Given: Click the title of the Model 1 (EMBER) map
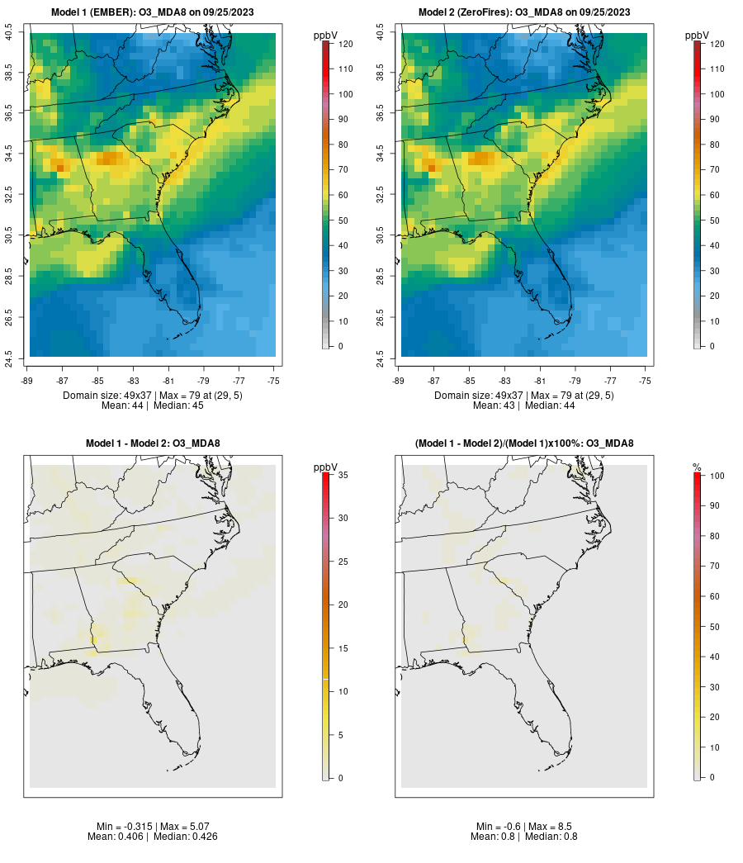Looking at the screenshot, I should point(153,12).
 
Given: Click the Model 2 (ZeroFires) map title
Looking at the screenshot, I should point(524,12).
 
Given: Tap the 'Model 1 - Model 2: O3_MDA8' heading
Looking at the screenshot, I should point(153,443).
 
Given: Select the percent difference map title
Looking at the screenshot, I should point(524,443).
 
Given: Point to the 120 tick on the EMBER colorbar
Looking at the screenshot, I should point(346,44).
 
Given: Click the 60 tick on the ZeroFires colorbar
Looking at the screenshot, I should point(717,195).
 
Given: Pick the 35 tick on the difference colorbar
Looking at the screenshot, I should point(343,475).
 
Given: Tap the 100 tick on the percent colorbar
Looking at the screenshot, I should point(714,475).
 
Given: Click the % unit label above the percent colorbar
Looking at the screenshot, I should point(697,467).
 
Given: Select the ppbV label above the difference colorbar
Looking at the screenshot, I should point(326,467).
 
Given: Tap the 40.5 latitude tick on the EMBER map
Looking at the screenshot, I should point(9,33).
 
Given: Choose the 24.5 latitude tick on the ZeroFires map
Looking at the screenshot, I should point(381,357).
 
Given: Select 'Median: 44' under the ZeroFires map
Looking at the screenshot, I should point(551,405).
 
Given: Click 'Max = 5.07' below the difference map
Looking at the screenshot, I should point(180,827).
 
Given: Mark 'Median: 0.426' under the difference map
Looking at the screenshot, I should point(182,837).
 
